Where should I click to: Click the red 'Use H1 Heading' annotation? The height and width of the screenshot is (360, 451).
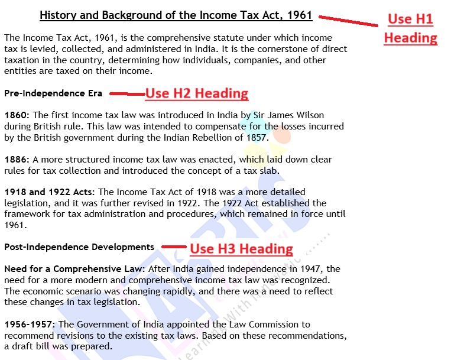tap(410, 28)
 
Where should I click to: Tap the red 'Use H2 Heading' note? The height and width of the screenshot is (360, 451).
tap(197, 93)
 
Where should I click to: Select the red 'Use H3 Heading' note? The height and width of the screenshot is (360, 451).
tap(241, 249)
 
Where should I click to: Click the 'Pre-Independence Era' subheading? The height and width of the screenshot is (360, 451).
tap(53, 93)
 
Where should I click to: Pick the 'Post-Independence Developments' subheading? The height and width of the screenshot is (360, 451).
tap(79, 247)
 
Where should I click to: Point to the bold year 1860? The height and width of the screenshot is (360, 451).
tap(15, 115)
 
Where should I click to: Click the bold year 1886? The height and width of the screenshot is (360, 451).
tap(15, 160)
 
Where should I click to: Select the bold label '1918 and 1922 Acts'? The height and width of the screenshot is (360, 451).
tap(50, 192)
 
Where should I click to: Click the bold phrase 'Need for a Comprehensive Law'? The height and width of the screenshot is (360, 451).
tap(74, 269)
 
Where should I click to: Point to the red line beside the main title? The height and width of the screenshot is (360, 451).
tap(349, 21)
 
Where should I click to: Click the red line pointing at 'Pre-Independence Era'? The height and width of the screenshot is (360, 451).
tap(127, 93)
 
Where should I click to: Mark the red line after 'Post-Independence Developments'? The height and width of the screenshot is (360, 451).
tap(174, 247)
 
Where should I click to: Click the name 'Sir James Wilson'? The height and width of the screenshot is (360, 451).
tap(289, 115)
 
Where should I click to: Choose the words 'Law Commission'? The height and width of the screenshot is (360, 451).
tap(263, 325)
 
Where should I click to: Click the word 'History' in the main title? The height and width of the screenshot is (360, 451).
tap(59, 15)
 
